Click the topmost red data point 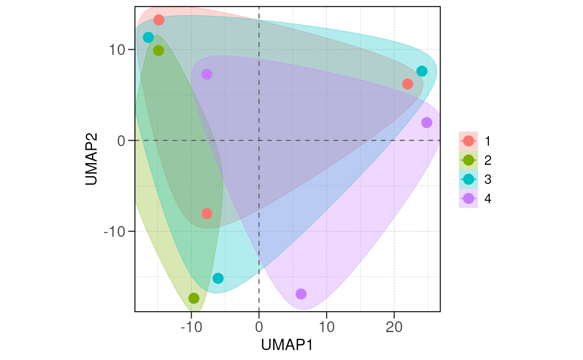pyautogui.click(x=159, y=20)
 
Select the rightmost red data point pyautogui.click(x=407, y=84)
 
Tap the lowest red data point pyautogui.click(x=207, y=214)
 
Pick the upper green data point pyautogui.click(x=159, y=50)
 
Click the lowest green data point pyautogui.click(x=194, y=298)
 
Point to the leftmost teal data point pyautogui.click(x=148, y=37)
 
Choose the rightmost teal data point pyautogui.click(x=422, y=71)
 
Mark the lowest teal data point pyautogui.click(x=218, y=278)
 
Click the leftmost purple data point pyautogui.click(x=207, y=74)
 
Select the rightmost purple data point pyautogui.click(x=427, y=123)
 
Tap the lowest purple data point pyautogui.click(x=301, y=294)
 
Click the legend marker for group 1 pyautogui.click(x=468, y=141)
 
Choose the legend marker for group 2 pyautogui.click(x=468, y=160)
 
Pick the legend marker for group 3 pyautogui.click(x=468, y=179)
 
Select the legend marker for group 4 pyautogui.click(x=468, y=199)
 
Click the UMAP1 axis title pyautogui.click(x=287, y=345)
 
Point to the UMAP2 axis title pyautogui.click(x=92, y=159)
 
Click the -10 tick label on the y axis pyautogui.click(x=114, y=231)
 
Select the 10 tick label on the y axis pyautogui.click(x=118, y=50)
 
